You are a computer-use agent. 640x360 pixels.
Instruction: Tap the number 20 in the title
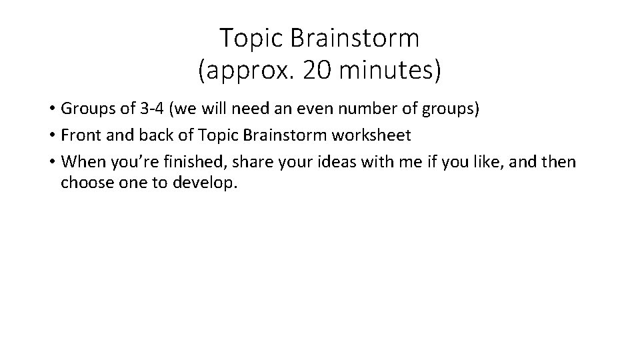(316, 70)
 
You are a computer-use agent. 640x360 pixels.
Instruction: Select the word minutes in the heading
(389, 70)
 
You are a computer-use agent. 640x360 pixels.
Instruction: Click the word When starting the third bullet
(80, 161)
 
